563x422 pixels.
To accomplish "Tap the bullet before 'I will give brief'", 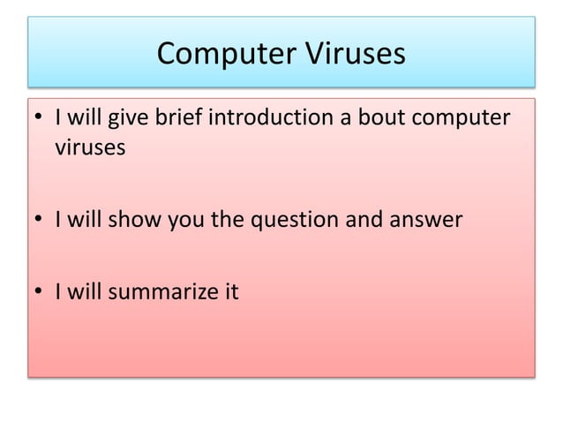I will click(x=41, y=118).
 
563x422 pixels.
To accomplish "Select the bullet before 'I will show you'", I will click(x=41, y=221).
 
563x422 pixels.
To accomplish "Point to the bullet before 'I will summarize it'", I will click(x=41, y=292).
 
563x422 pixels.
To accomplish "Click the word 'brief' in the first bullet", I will click(x=177, y=117).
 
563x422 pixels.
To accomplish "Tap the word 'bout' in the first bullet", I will click(x=386, y=117).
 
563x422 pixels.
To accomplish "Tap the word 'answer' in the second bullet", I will click(x=429, y=221).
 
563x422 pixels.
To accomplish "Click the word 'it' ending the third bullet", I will click(x=230, y=291).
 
